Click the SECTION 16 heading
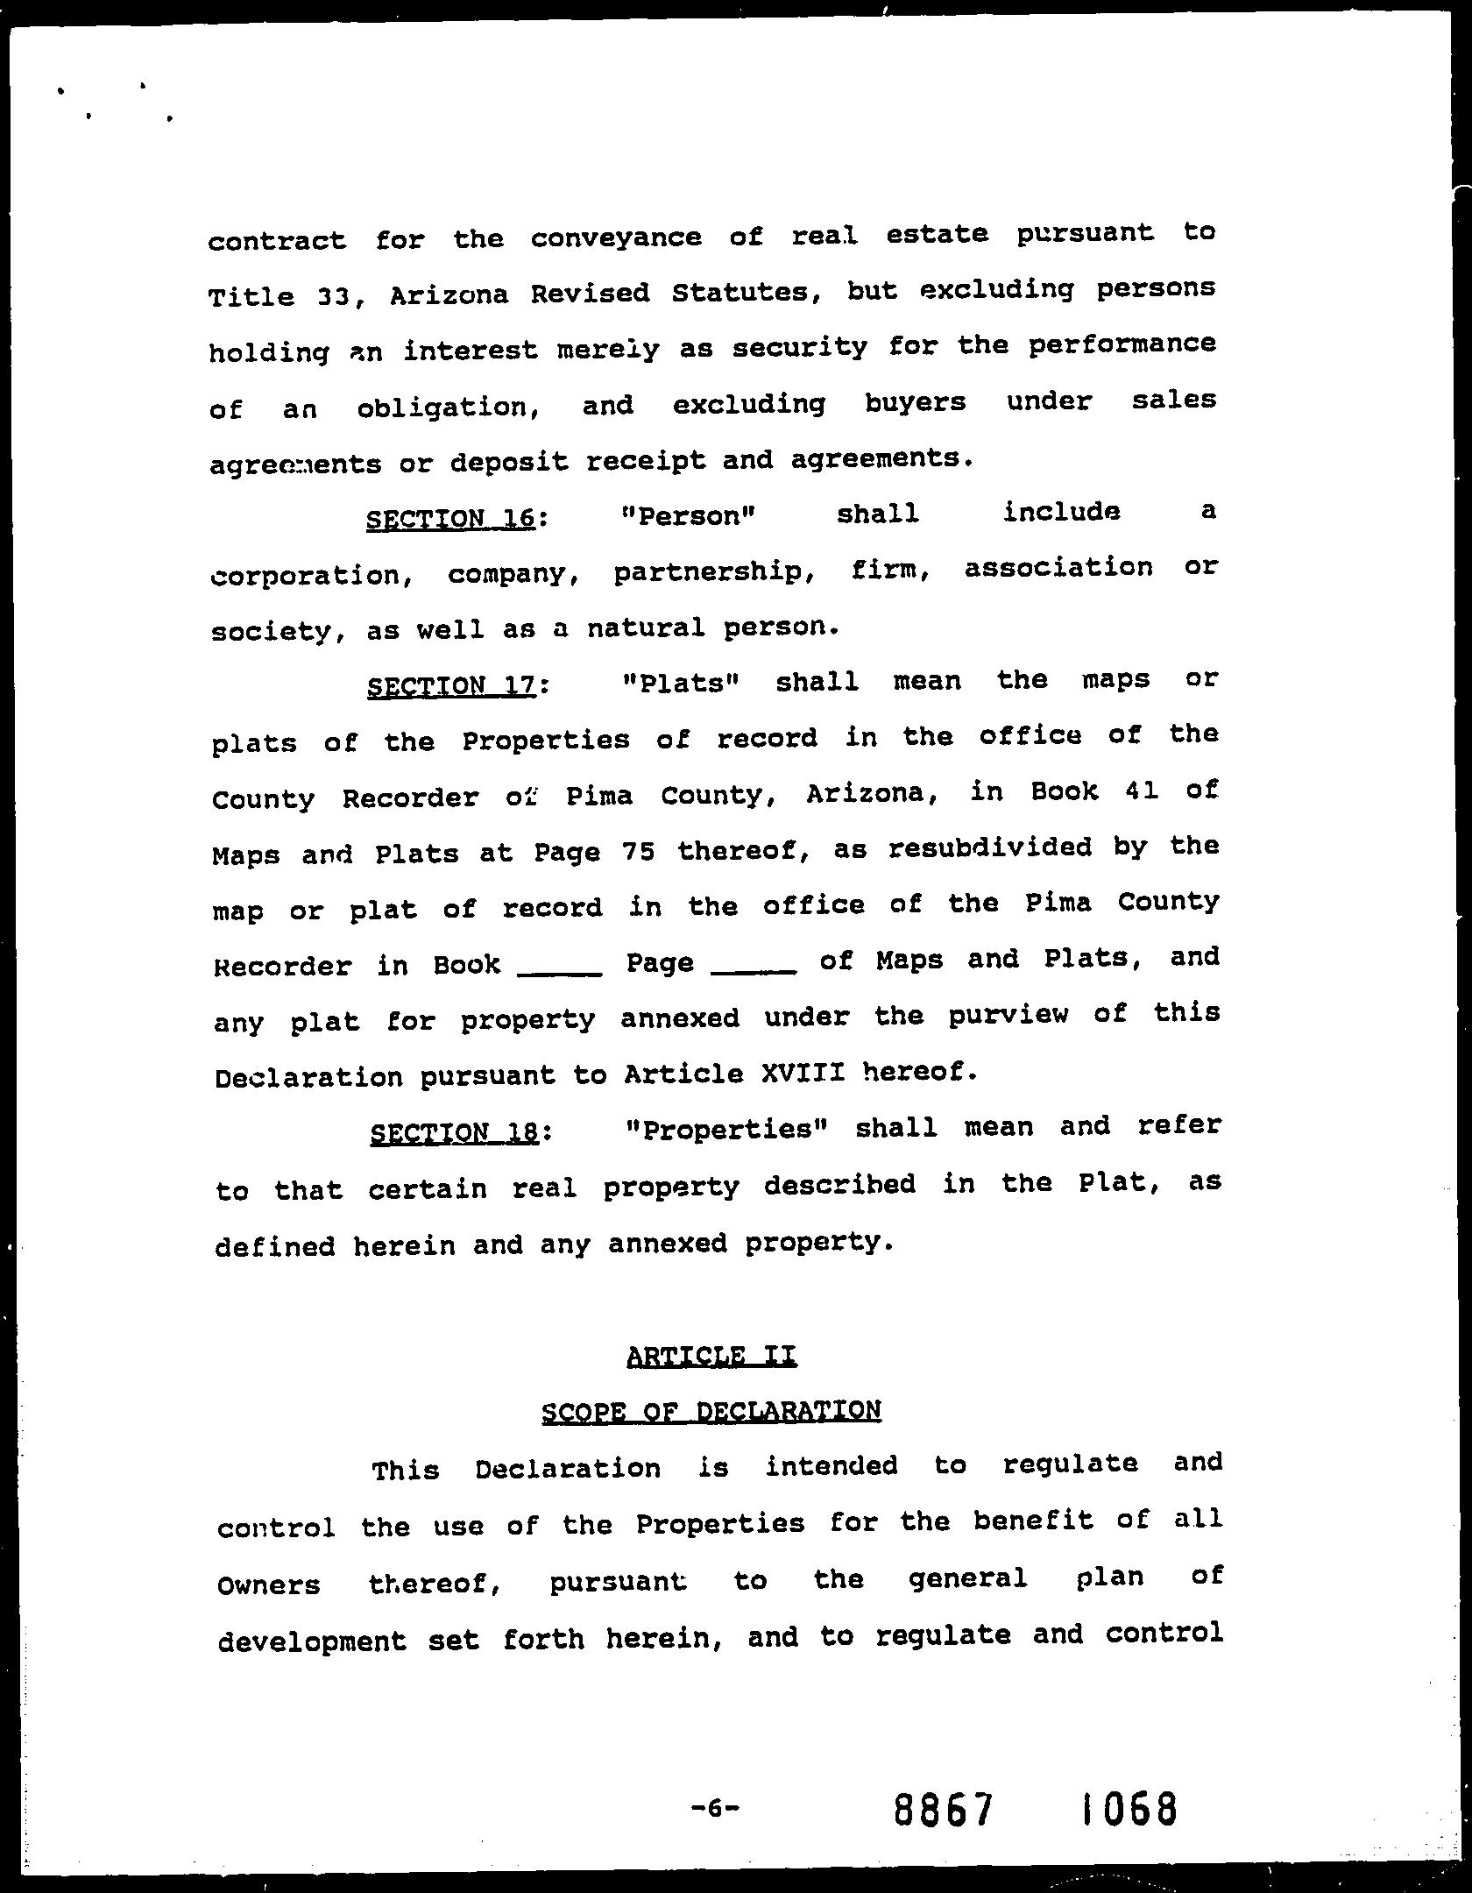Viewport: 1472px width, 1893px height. coord(450,518)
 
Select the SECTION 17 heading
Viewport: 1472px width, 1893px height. coord(451,684)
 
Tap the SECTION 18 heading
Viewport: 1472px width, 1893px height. coord(454,1133)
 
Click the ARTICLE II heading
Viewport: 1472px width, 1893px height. coord(711,1356)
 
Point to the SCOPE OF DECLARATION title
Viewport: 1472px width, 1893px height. coord(711,1411)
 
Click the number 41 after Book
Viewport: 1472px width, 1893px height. coord(1139,791)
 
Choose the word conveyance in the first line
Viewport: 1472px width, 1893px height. coord(616,238)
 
